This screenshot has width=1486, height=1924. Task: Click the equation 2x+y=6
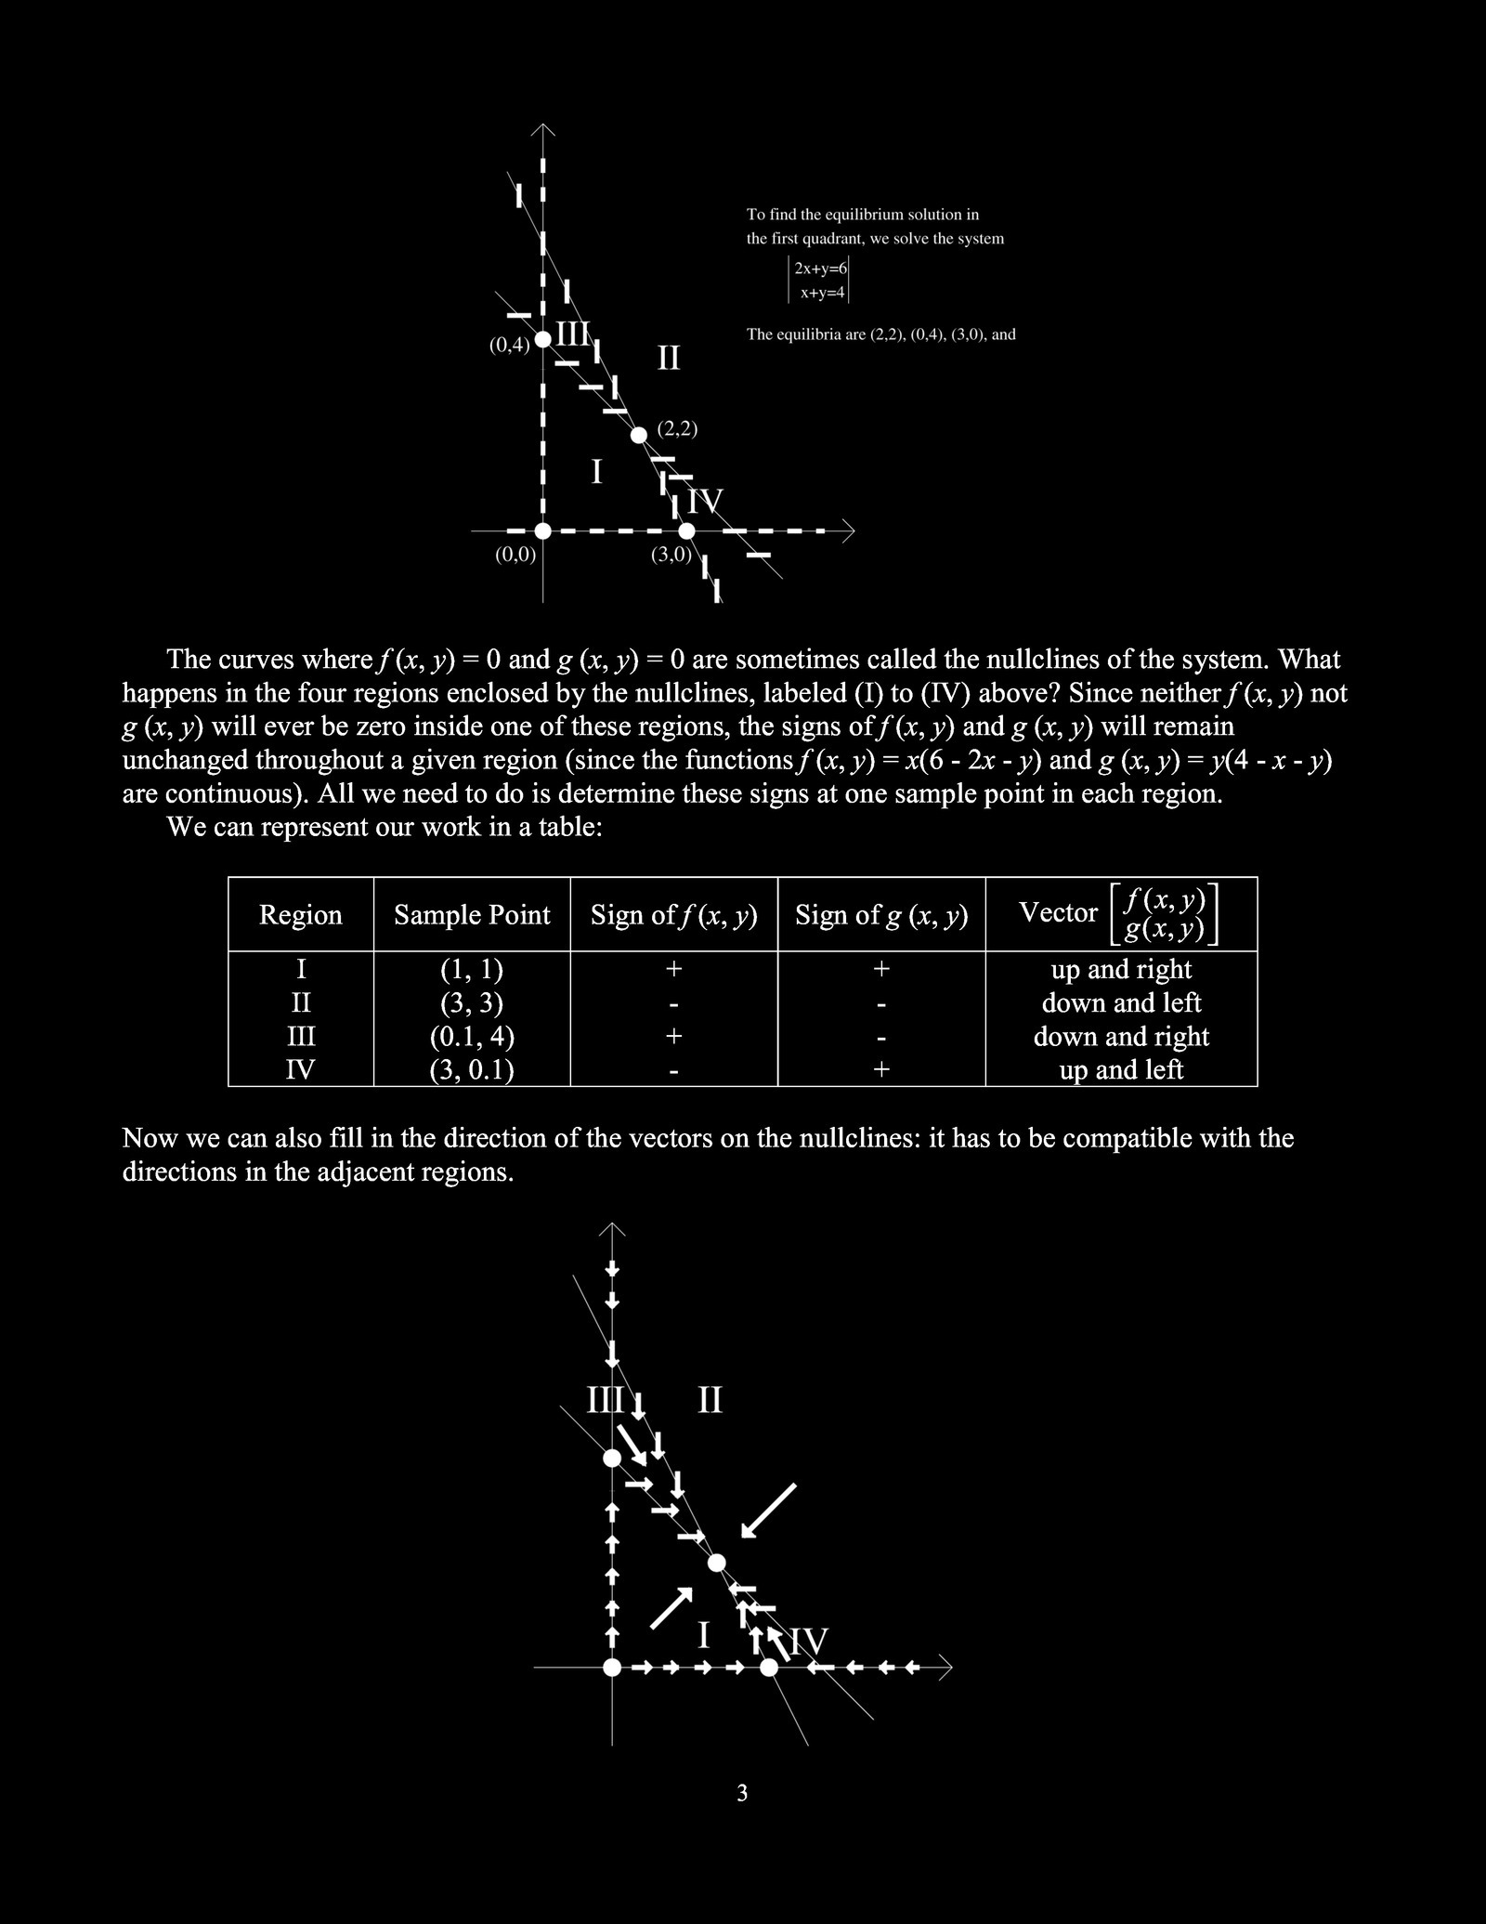pyautogui.click(x=820, y=268)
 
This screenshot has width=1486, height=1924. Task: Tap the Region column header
pyautogui.click(x=300, y=915)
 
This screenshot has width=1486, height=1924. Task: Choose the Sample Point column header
pyautogui.click(x=472, y=915)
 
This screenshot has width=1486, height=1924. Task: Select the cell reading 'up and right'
pyautogui.click(x=1121, y=969)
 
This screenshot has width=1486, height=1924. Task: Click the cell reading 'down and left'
pyautogui.click(x=1121, y=1002)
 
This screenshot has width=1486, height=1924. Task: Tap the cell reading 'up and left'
pyautogui.click(x=1121, y=1070)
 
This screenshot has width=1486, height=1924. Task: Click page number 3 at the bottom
pyautogui.click(x=742, y=1793)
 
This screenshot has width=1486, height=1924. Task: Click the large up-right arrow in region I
pyautogui.click(x=672, y=1608)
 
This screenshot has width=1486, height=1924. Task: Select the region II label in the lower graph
pyautogui.click(x=710, y=1400)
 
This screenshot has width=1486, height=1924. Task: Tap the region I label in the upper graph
pyautogui.click(x=596, y=472)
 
